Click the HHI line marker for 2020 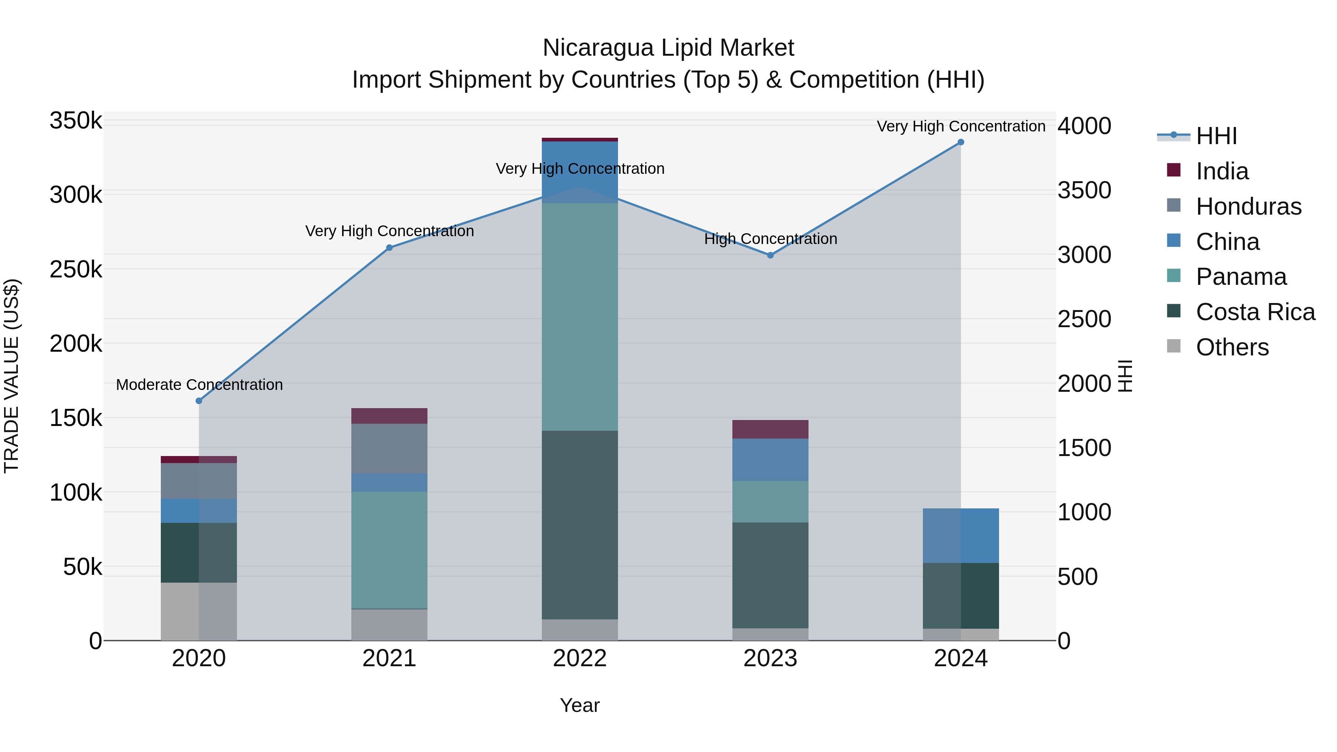coord(199,401)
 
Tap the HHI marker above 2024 coord(961,142)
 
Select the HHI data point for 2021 coord(389,248)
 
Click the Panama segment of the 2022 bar coord(580,316)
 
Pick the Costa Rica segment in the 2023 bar coord(770,575)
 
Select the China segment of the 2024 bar coord(961,535)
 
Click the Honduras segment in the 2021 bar coord(389,448)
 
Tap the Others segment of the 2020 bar coord(199,611)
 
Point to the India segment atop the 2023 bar coord(770,429)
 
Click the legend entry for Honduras coord(1248,206)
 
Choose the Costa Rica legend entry coord(1255,312)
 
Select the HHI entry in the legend coord(1216,136)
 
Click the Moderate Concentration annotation coord(199,385)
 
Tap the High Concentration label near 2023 coord(770,239)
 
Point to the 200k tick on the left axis coord(76,344)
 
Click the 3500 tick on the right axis coord(1084,191)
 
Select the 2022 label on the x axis coord(580,658)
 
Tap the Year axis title coord(580,705)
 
